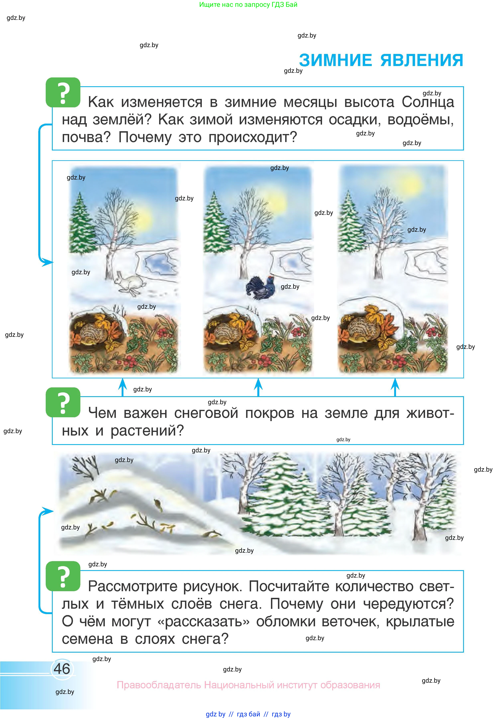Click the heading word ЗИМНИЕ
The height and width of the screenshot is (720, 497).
click(335, 60)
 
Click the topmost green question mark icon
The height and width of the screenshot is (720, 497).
click(63, 92)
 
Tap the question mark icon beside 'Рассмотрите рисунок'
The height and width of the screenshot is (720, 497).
click(63, 576)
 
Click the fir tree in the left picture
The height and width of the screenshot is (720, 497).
click(81, 224)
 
